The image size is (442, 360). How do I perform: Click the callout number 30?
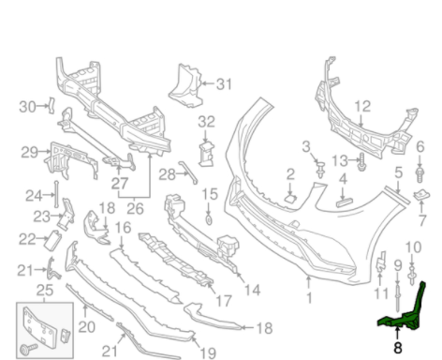coord(26,105)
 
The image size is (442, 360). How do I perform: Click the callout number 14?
coord(251,290)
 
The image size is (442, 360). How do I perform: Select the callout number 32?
coord(206,121)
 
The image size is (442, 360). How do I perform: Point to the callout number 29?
coord(29,152)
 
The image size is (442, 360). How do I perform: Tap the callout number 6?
coord(420,146)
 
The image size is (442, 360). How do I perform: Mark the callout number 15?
coord(210,194)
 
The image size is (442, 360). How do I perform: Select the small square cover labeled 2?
coord(291,198)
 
